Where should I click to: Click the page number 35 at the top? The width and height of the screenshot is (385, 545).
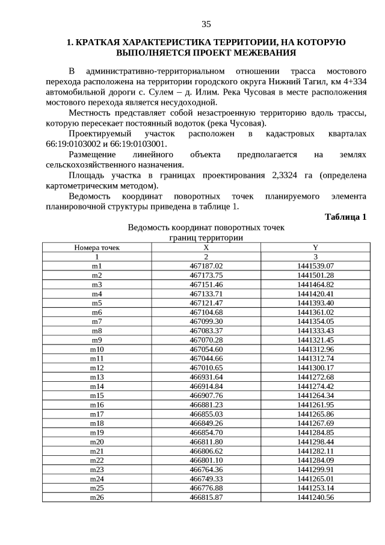point(206,24)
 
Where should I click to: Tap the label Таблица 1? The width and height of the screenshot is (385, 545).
point(345,217)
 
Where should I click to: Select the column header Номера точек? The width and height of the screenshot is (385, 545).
point(97,248)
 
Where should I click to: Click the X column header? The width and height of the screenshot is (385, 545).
point(206,248)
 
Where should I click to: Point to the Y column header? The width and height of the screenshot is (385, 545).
point(315,248)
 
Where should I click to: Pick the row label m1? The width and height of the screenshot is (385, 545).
point(97,266)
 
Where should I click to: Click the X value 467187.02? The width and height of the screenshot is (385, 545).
point(206,266)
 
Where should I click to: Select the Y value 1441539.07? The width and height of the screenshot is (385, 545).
point(315,266)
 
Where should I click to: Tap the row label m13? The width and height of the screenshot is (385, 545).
point(97,377)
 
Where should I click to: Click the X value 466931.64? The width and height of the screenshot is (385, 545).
point(206,377)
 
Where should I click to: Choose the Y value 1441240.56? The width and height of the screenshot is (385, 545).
point(315,497)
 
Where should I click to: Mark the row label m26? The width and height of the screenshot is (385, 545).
point(97,497)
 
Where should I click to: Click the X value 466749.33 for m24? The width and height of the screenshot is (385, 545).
point(206,479)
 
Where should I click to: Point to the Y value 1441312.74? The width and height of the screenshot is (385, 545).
point(315,358)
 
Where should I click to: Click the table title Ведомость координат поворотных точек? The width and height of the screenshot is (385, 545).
point(206,228)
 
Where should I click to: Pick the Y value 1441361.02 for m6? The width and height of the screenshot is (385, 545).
point(315,312)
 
